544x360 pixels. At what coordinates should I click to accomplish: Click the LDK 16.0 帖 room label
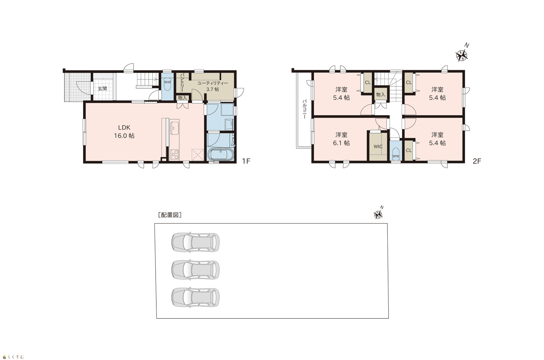(124, 131)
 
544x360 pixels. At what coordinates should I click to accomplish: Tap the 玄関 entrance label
(102, 89)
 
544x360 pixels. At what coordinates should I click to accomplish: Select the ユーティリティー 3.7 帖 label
(212, 86)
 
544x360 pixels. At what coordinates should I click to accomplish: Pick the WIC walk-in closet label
(378, 147)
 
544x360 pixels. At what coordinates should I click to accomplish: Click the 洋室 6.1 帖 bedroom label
(341, 139)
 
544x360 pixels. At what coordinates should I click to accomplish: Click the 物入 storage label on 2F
(380, 95)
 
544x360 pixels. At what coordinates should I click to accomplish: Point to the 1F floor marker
(246, 161)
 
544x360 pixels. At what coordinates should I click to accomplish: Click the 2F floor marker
(477, 161)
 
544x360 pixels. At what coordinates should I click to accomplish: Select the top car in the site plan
(195, 242)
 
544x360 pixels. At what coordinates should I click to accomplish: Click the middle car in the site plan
(195, 270)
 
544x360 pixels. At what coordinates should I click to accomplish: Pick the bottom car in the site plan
(195, 297)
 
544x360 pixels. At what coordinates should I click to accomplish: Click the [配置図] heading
(170, 215)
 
